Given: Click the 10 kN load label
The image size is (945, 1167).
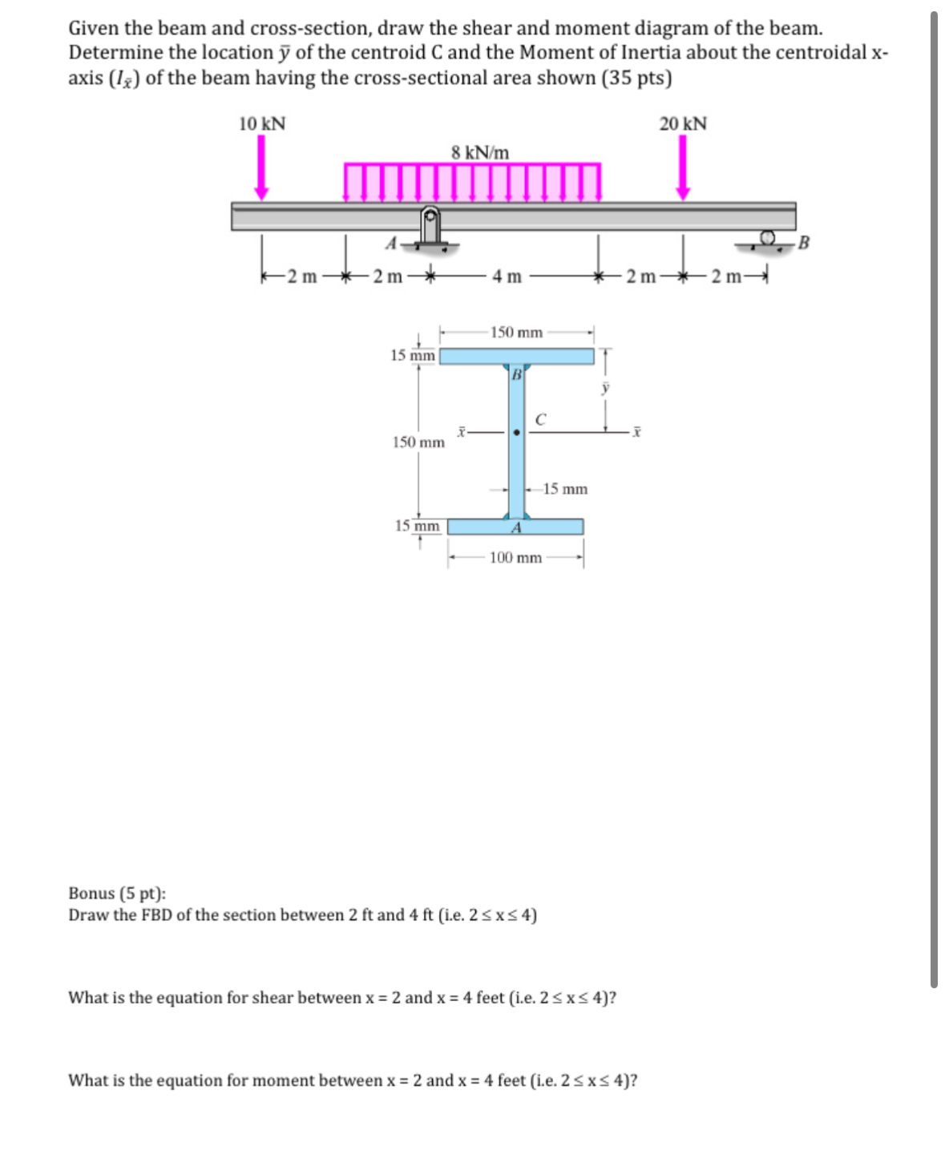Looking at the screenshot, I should (x=262, y=124).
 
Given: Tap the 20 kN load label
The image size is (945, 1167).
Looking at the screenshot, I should (x=683, y=124).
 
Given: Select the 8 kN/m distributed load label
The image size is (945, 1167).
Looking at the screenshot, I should (x=479, y=152).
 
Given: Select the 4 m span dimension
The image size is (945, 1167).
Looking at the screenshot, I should (x=507, y=277).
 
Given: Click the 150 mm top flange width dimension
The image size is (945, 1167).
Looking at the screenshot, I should (x=516, y=333).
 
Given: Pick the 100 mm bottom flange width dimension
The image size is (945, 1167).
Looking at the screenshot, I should (x=515, y=558).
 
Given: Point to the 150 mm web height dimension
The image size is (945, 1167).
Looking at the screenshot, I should (x=418, y=442).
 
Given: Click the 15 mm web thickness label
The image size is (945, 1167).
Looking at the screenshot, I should (x=565, y=489).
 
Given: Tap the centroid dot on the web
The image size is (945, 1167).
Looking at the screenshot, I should (x=517, y=433).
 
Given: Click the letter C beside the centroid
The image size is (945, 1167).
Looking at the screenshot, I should (x=541, y=419).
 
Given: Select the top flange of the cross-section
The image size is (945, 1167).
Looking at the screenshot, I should (x=517, y=356).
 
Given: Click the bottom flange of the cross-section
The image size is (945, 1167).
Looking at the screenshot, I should (x=515, y=527).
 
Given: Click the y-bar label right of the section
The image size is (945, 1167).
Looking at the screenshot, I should (x=606, y=389).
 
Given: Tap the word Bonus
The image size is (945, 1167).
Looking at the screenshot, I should (x=91, y=894).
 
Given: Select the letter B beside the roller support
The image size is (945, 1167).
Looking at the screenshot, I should (x=805, y=243).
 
